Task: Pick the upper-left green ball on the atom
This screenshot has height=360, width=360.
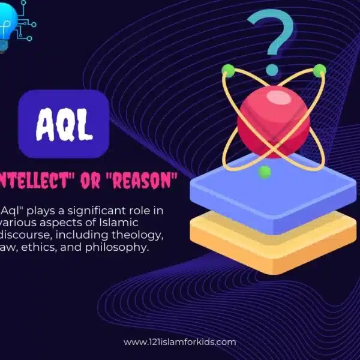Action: pos(228,70)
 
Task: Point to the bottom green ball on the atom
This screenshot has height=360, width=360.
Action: pos(265,173)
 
